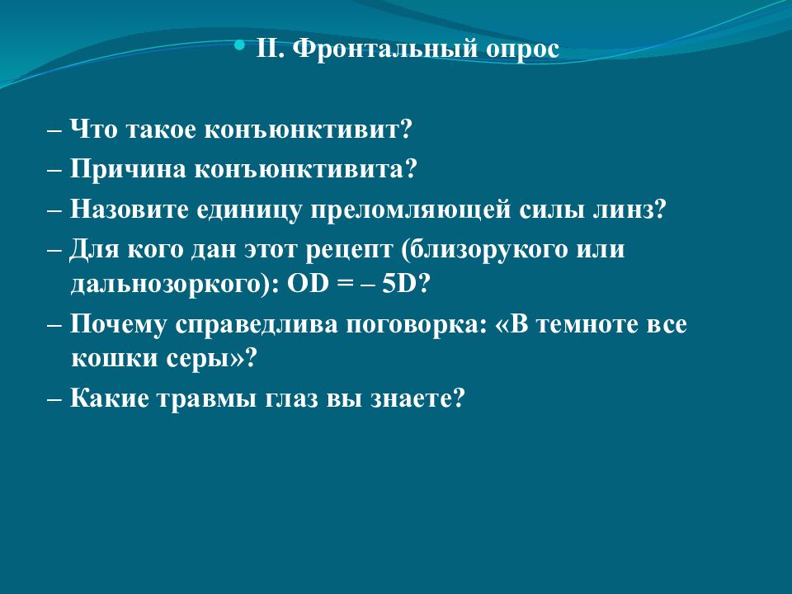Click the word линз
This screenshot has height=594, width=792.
(626, 209)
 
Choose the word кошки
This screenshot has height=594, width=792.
(112, 361)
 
